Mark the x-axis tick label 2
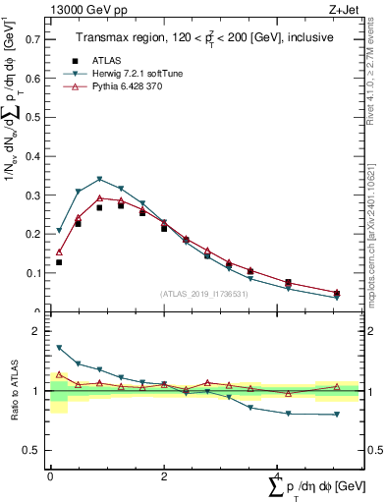point(163,475)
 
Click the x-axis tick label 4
point(277,475)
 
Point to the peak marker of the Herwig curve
point(100,179)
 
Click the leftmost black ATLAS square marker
point(59,262)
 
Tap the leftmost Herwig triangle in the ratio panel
point(59,348)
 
